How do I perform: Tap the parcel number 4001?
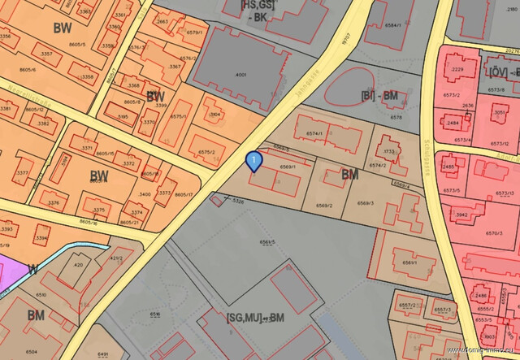pos(240,75)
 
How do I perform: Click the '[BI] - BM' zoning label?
pos(378,95)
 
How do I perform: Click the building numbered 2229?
pos(458,70)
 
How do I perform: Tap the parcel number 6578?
pos(396,117)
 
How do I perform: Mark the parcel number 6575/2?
pos(207,152)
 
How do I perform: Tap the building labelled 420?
pos(78,265)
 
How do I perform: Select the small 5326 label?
pos(238,200)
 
